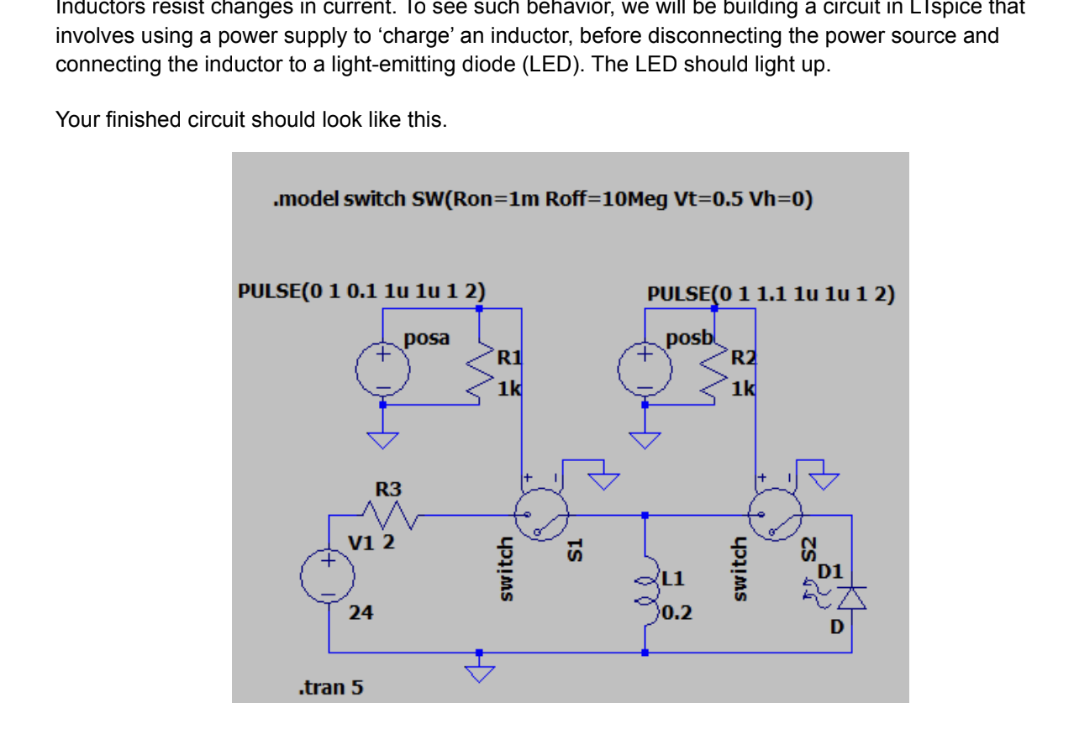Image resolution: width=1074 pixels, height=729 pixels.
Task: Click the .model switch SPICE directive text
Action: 543,200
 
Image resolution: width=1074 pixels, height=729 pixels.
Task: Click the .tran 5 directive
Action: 331,688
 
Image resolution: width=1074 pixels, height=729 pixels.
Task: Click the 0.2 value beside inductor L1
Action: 677,613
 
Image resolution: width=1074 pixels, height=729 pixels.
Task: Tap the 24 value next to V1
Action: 361,613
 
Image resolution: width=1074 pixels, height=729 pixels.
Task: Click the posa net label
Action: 426,338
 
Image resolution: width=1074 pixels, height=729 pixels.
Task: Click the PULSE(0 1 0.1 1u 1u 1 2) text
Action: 361,291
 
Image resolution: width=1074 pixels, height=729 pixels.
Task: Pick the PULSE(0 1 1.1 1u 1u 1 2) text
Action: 771,295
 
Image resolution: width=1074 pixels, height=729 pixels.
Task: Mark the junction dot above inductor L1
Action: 645,515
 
